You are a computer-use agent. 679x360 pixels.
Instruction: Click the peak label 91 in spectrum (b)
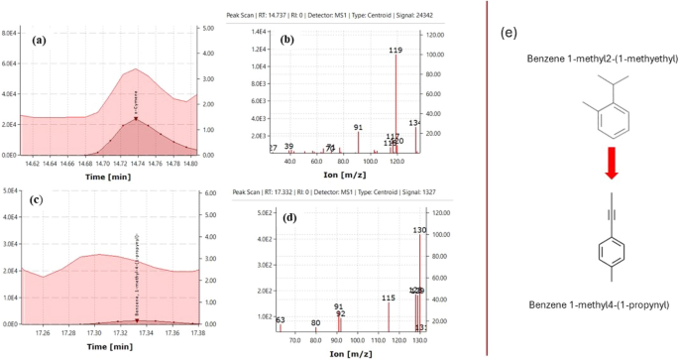359,127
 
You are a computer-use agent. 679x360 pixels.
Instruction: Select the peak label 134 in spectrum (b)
413,123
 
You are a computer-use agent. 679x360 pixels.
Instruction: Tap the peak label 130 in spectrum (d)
419,230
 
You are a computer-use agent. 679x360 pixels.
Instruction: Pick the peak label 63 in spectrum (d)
281,320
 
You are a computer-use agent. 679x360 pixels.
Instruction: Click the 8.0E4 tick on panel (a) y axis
10,33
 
